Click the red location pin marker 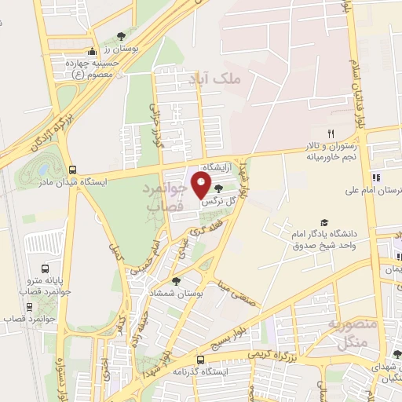(x=202, y=187)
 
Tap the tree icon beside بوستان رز (x=120, y=36)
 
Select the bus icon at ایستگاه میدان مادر (x=72, y=169)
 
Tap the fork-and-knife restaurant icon (x=331, y=133)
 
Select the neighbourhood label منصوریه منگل (x=345, y=333)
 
